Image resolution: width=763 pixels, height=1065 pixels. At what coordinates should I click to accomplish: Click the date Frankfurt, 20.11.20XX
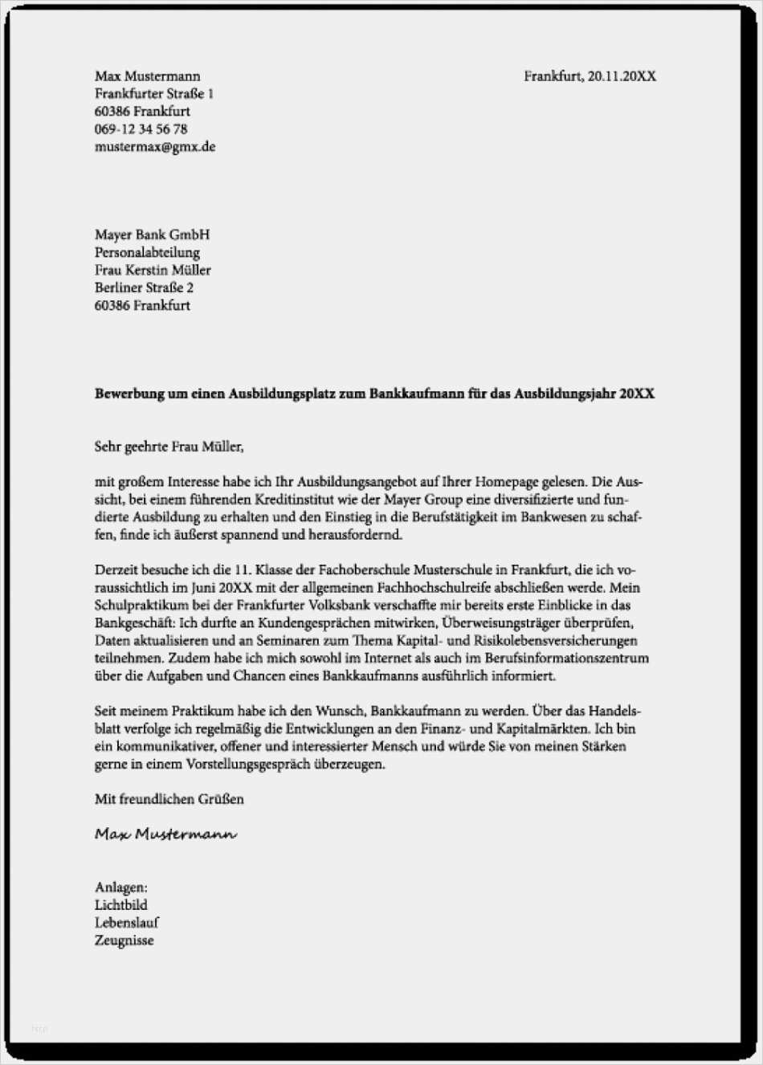[x=590, y=76]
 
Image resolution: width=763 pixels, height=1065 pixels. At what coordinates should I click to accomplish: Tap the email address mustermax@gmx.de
[x=155, y=147]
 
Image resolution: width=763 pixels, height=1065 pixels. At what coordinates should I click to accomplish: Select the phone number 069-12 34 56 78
[x=141, y=129]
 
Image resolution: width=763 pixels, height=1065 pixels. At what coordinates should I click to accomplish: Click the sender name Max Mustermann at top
[x=147, y=76]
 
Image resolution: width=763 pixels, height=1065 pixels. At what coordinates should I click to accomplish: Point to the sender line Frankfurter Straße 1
[x=154, y=94]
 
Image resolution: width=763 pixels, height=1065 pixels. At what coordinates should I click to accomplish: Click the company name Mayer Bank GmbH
[x=152, y=235]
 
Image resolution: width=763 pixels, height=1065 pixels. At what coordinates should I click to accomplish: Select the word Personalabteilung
[x=147, y=252]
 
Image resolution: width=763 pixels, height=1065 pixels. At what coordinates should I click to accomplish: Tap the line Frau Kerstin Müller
[x=153, y=270]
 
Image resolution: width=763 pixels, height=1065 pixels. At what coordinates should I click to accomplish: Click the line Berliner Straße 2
[x=144, y=288]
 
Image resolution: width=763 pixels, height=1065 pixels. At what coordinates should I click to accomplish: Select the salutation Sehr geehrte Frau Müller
[x=169, y=447]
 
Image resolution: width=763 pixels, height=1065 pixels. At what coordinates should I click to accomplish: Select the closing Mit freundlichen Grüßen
[x=169, y=800]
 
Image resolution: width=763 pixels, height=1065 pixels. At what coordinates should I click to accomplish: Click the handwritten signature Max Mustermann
[x=165, y=834]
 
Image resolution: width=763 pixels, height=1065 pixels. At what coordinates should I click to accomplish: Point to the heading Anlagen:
[x=120, y=887]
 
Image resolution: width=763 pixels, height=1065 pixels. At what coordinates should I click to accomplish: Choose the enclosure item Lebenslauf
[x=127, y=923]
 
